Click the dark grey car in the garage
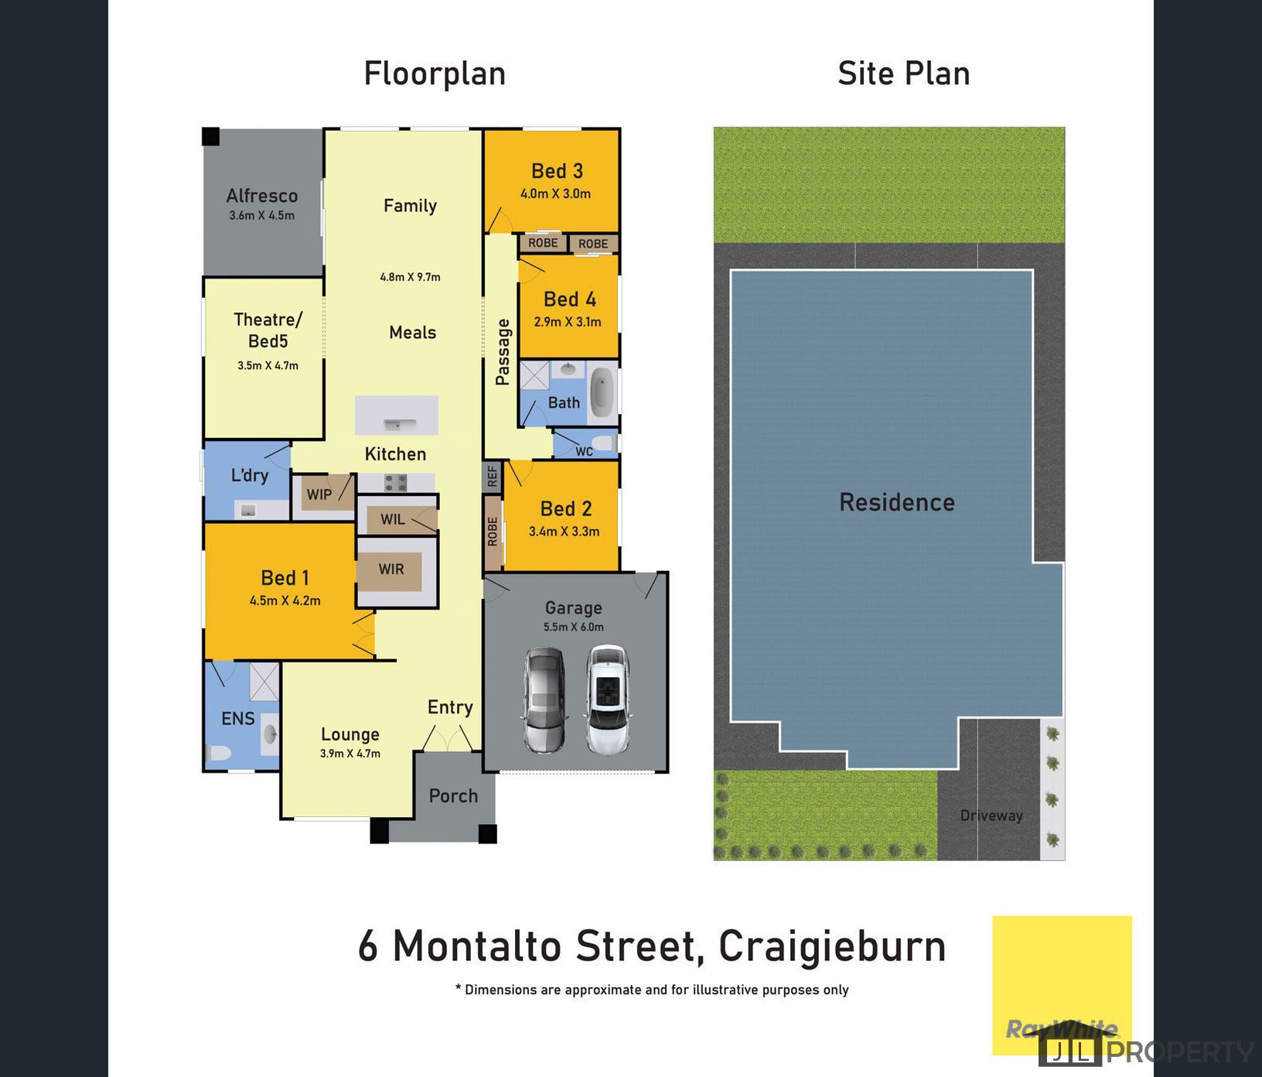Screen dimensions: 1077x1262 coord(544,700)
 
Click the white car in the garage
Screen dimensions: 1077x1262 coord(607,700)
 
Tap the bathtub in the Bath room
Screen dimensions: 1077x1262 coord(602,391)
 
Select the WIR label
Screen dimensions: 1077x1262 coord(391,569)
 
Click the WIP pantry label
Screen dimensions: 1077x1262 coord(319,494)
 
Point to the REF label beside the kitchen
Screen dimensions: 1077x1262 coord(493,476)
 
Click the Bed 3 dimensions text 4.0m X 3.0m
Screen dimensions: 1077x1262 coord(555,193)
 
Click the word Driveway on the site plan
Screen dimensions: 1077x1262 coord(991,815)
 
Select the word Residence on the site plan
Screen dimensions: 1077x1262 coord(897,503)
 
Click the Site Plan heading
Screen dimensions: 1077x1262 coord(903,74)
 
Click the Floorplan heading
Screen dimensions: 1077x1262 coord(435,74)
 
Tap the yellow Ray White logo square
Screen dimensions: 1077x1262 coord(1062,975)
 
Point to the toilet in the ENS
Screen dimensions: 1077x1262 coord(218,753)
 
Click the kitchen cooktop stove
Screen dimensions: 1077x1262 coord(395,484)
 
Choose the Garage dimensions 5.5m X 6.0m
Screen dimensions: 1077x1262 coord(573,627)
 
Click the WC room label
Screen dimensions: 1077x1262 coord(584,451)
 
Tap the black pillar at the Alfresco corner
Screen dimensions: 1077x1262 coord(210,137)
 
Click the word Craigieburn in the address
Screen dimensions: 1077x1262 coord(832,946)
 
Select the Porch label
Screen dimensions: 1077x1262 coord(453,796)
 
